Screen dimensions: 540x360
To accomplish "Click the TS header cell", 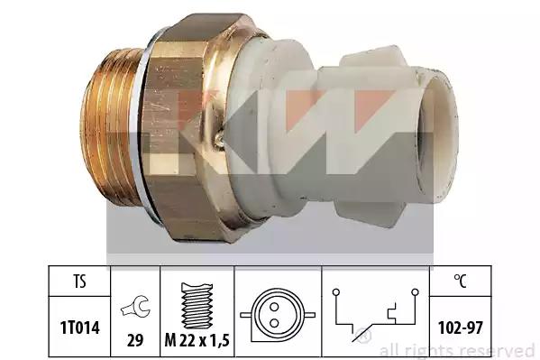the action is (x=79, y=281).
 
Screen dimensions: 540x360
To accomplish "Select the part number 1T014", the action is (x=80, y=328).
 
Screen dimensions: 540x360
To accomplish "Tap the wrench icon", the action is (x=135, y=307).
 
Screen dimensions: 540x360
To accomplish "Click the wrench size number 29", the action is (x=135, y=341).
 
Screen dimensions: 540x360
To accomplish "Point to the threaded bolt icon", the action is (x=197, y=306).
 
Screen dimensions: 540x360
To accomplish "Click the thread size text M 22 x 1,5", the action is (x=197, y=341).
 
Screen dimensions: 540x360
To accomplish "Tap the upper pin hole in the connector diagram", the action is (x=274, y=306).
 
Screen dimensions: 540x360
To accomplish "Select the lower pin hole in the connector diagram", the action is (x=274, y=323).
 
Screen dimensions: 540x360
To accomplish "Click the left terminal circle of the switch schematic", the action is (x=336, y=292).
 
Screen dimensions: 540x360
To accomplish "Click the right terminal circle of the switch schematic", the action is (x=416, y=292).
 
